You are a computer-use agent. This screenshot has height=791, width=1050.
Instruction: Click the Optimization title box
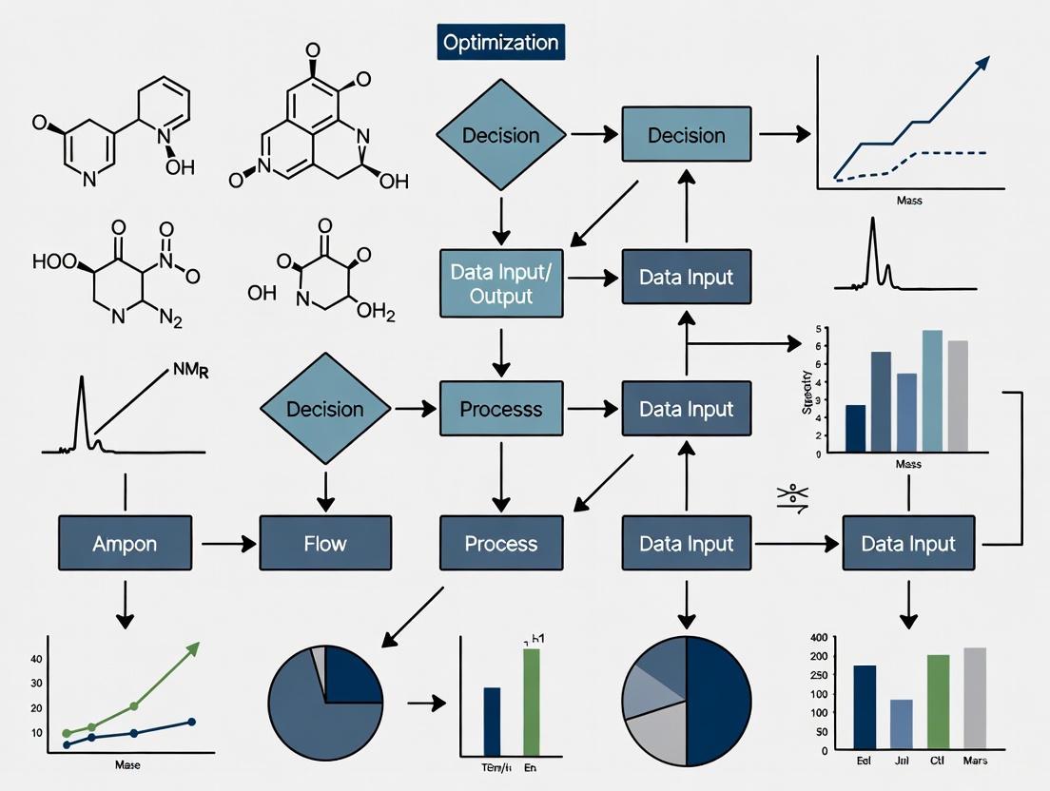499,43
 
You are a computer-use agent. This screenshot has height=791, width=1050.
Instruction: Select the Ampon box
124,544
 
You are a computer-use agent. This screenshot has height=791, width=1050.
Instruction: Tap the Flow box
325,544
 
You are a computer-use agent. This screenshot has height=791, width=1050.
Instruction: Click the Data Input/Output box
502,282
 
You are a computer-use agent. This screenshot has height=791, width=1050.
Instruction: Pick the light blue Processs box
501,410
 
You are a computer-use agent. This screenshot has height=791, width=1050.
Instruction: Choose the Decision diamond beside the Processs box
325,410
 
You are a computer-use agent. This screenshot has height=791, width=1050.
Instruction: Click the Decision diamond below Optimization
500,135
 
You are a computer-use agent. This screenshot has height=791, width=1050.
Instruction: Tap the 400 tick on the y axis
817,637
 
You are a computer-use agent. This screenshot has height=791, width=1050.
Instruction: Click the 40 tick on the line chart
37,659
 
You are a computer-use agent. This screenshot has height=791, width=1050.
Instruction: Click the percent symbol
791,497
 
